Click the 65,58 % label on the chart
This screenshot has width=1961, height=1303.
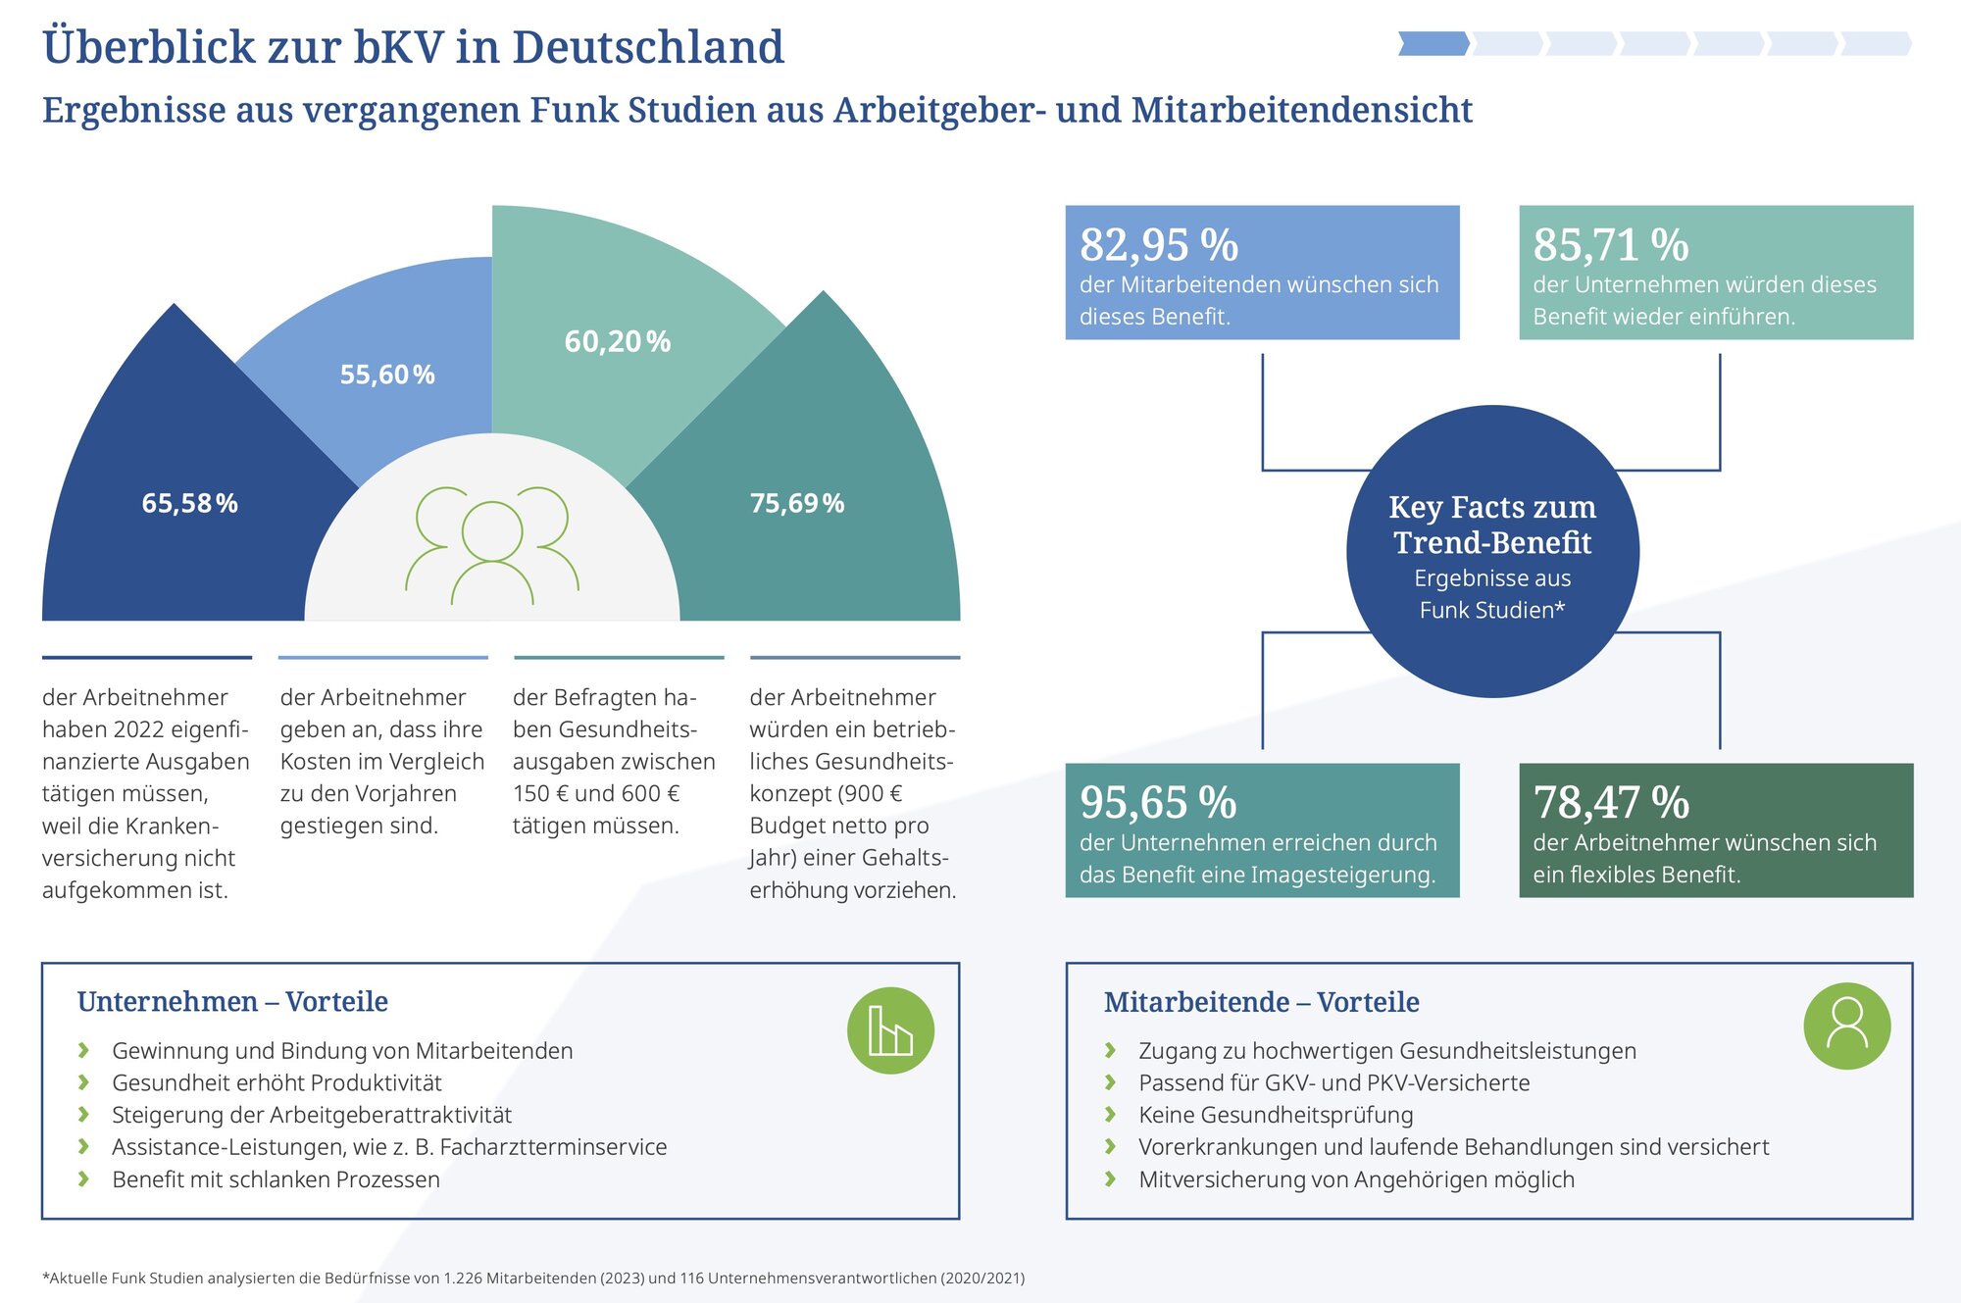click(x=189, y=503)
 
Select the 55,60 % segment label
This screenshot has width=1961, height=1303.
click(x=387, y=375)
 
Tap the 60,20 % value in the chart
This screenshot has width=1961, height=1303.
click(x=617, y=341)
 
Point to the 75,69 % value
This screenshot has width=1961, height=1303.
click(x=796, y=503)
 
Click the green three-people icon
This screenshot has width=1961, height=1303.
click(x=492, y=545)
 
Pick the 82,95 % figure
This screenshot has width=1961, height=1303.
click(x=1159, y=244)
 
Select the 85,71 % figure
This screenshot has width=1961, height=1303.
click(x=1611, y=244)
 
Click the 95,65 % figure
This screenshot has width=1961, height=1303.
click(x=1158, y=802)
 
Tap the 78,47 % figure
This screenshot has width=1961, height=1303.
click(x=1611, y=802)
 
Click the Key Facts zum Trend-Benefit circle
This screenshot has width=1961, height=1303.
click(x=1492, y=552)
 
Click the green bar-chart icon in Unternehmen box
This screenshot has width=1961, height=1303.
click(x=890, y=1030)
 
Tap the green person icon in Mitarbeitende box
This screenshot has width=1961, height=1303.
click(x=1846, y=1026)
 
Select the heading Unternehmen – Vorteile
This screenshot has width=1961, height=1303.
click(x=232, y=1002)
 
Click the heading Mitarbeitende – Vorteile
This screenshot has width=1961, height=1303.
click(x=1261, y=1002)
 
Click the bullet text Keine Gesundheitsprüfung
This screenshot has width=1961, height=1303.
click(x=1276, y=1115)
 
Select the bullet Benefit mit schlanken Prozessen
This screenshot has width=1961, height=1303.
click(x=276, y=1179)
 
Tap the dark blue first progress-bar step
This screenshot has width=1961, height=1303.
click(x=1433, y=43)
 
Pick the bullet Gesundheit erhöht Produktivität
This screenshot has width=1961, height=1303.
click(x=277, y=1082)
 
